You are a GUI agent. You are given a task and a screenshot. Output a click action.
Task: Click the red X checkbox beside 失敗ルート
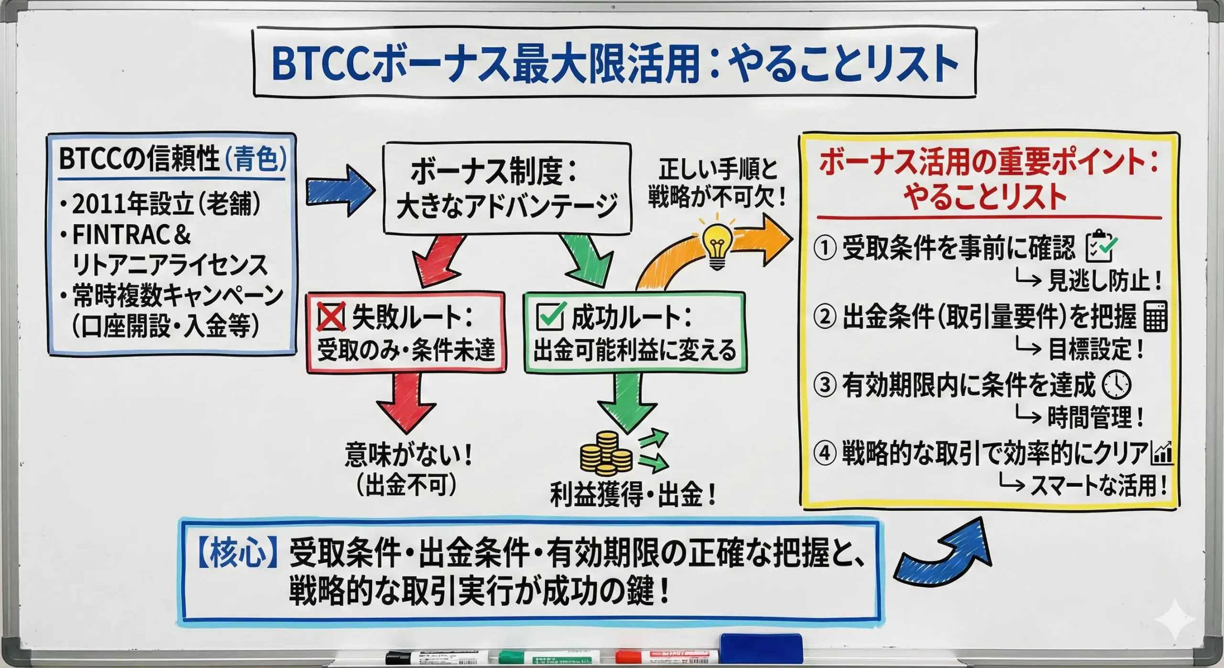click(331, 318)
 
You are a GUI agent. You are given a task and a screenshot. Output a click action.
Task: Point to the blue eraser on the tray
click(761, 648)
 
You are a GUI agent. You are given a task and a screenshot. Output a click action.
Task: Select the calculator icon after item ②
click(1155, 316)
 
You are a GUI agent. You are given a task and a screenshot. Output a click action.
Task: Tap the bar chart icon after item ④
click(1162, 454)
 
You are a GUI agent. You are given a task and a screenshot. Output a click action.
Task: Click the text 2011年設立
click(132, 205)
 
